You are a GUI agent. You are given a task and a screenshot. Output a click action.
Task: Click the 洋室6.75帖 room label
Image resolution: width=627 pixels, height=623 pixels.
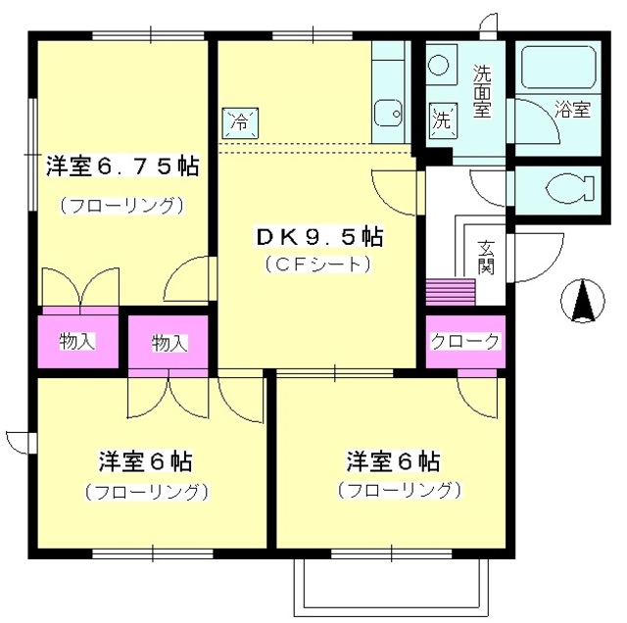pos(121,168)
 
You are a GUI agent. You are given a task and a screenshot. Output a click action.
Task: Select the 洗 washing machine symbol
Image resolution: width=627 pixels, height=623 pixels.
pos(442,122)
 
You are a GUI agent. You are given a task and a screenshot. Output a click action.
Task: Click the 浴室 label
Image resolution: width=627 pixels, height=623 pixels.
pos(572,110)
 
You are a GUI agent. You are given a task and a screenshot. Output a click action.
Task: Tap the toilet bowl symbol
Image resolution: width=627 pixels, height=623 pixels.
pos(567,186)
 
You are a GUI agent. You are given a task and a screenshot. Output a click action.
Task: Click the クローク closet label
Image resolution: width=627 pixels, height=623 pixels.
pos(465,342)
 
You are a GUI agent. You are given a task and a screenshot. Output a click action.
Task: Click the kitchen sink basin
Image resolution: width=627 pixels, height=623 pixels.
pos(389,114)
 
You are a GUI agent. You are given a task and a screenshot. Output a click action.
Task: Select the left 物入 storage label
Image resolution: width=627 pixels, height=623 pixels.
pos(77,341)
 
